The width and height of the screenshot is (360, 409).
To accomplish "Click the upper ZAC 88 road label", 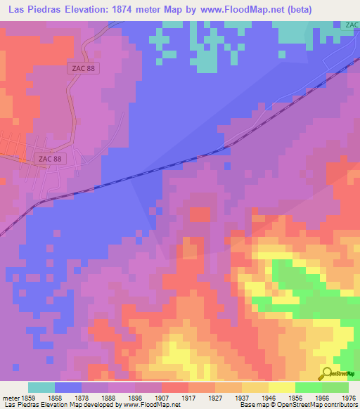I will pyautogui.click(x=82, y=67).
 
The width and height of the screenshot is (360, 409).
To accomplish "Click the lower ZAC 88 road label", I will pyautogui.click(x=50, y=159).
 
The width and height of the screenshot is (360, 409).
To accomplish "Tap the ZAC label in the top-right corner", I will pyautogui.click(x=352, y=25).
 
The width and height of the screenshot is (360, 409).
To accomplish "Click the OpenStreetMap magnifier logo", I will pyautogui.click(x=328, y=374).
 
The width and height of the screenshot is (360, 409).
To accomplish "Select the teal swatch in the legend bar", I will pyautogui.click(x=41, y=387).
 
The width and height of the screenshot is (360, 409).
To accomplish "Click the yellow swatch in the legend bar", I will pyautogui.click(x=281, y=387).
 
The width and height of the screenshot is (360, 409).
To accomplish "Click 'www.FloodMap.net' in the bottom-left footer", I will pyautogui.click(x=148, y=404).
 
